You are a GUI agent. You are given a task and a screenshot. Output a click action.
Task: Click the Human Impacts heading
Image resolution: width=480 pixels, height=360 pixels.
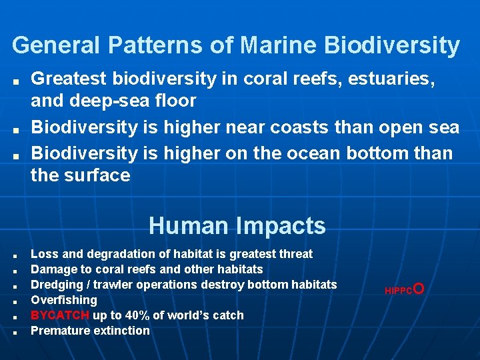click(237, 225)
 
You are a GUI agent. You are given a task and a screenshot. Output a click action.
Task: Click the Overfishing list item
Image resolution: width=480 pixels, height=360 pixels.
click(64, 300)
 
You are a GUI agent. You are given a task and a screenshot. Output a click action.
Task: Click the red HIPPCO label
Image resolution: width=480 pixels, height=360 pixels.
click(404, 290)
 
